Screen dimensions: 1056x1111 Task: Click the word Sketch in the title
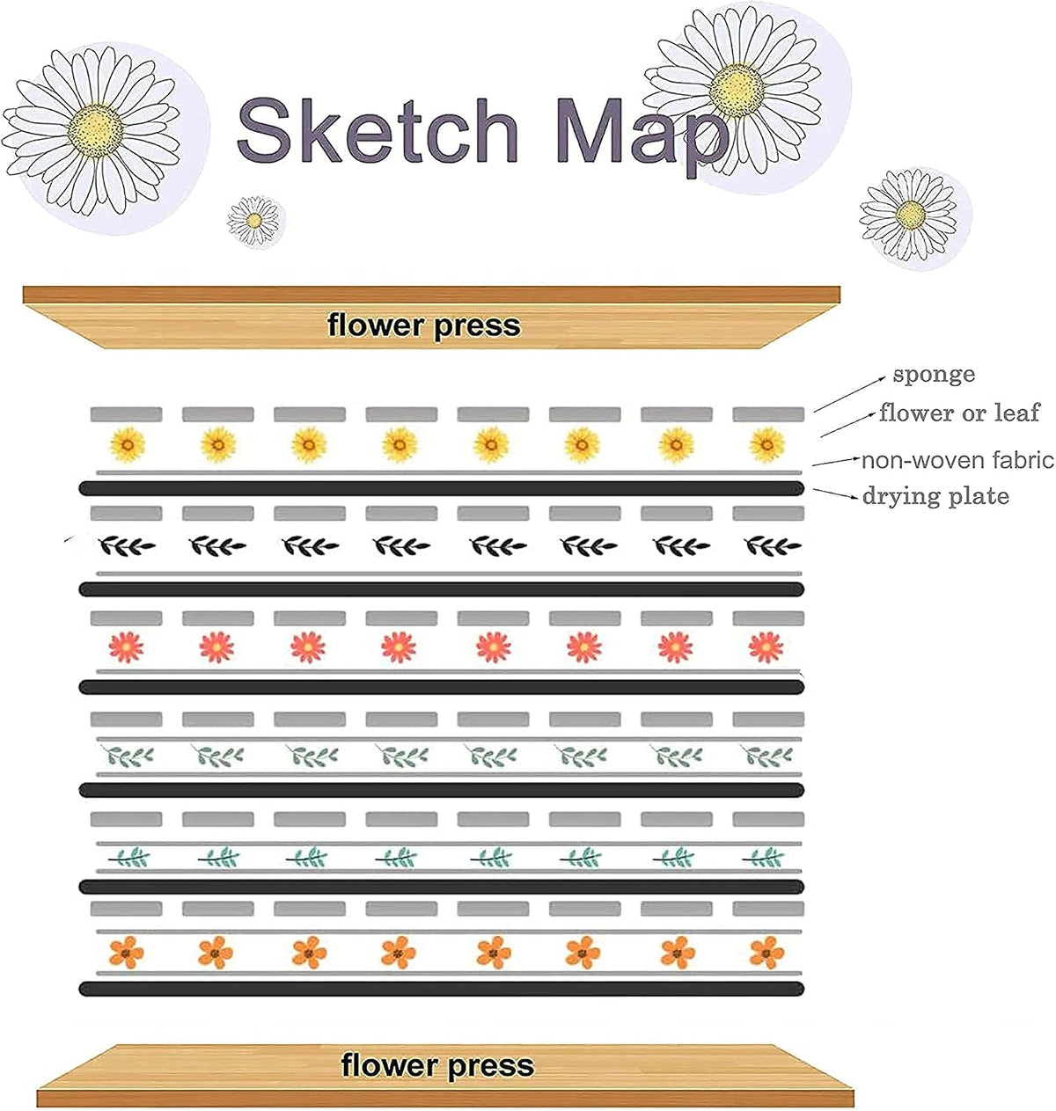[377, 130]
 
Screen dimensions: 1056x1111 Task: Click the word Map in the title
[641, 136]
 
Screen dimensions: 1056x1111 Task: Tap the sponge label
[934, 375]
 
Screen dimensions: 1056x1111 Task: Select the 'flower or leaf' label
[959, 413]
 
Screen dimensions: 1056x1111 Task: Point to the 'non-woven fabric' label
[957, 461]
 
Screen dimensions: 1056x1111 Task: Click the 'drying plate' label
[935, 497]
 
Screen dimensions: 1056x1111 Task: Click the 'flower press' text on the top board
[423, 326]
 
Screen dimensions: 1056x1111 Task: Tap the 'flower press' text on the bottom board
[437, 1066]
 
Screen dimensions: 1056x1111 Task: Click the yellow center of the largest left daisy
[96, 130]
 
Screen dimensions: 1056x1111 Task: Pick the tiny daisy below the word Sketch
[254, 221]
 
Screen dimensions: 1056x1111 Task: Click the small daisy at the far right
[910, 215]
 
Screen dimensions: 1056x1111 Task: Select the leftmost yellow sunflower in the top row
[128, 445]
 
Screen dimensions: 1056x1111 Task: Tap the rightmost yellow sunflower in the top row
[766, 445]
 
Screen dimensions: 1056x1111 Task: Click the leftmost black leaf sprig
[127, 546]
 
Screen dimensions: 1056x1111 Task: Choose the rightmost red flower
[766, 647]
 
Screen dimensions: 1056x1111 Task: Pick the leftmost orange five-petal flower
[126, 953]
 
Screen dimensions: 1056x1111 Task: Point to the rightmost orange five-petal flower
[766, 953]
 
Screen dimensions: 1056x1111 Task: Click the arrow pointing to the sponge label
[850, 394]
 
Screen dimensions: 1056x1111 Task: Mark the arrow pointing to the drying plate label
[836, 493]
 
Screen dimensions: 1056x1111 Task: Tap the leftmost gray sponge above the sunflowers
[126, 414]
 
